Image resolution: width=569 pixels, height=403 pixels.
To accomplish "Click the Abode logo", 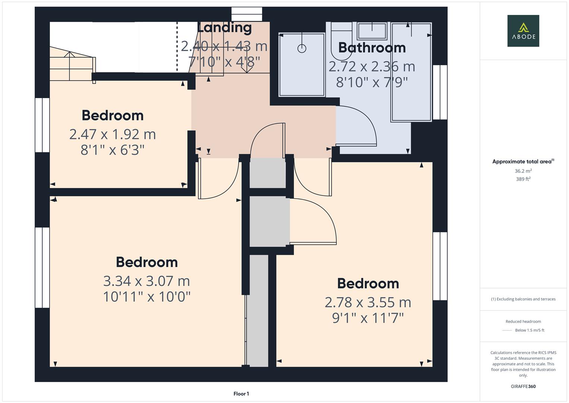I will coord(523,31).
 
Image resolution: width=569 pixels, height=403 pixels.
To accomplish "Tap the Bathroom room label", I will coord(372,48).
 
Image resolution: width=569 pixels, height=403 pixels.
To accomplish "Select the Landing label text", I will coord(224,28).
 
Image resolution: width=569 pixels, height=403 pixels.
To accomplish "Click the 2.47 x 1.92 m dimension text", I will coord(113,134).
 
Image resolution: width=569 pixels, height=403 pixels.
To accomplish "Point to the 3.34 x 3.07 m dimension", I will coord(146,281).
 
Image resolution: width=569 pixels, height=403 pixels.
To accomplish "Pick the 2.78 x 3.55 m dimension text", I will coord(368,302).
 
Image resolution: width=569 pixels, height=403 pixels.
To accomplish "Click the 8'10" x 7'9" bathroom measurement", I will coord(372,82).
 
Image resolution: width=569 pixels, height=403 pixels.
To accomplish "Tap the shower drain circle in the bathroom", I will coord(302,48).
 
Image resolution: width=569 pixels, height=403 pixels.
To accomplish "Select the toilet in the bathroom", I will coord(341,41).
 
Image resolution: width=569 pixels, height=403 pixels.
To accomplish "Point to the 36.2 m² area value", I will coord(523,171).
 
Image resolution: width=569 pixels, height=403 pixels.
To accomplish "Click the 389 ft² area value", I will coord(523,179).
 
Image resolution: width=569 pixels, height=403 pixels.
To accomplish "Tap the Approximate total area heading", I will coord(523,162).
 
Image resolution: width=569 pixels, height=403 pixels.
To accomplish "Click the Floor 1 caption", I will coord(241,394).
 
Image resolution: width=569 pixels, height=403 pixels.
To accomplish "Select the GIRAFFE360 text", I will coord(523,386).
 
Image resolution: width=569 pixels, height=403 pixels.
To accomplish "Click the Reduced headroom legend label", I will coord(523,321).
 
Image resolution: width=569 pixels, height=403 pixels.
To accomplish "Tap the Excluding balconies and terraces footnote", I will coord(523,299).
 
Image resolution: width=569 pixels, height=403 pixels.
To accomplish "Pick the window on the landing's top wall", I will coord(247,14).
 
